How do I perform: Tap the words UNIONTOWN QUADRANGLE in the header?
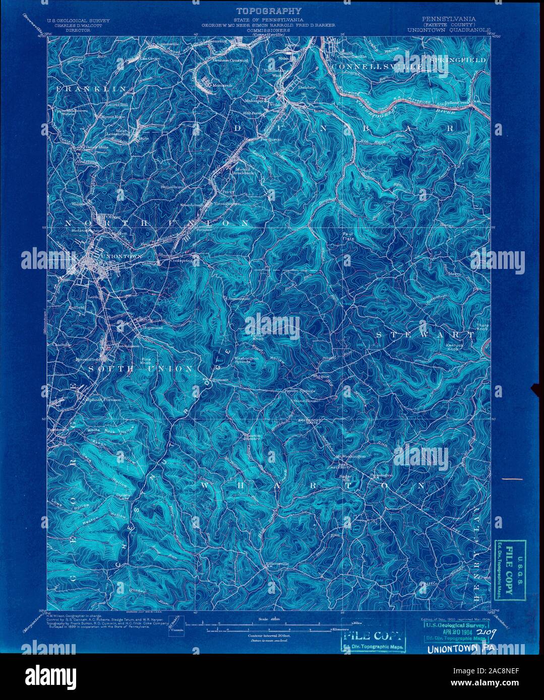(x=449, y=30)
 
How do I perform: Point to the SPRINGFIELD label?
(x=458, y=60)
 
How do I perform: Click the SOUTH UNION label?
(x=141, y=369)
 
